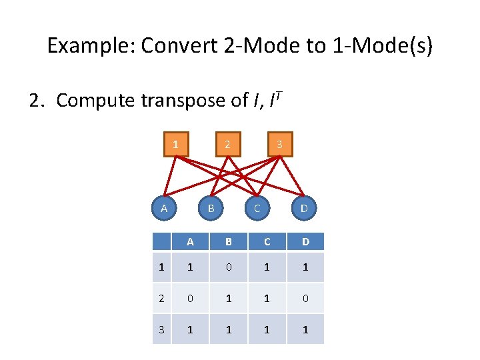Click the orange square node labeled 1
pos(175,144)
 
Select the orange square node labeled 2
pos(227,144)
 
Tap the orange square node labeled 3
pos(279,144)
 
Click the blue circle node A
pos(163,209)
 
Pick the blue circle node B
pos(211,209)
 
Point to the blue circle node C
pos(257,209)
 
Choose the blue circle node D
pos(304,209)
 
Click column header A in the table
pos(190,241)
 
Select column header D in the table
pos(305,241)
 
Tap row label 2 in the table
pos(161,298)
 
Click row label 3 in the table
pos(161,329)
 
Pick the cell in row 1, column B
pos(228,267)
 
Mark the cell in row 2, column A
pos(190,298)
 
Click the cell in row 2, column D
pos(305,298)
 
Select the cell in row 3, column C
pos(267,329)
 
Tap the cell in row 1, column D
pos(305,267)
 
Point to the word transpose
pos(183,101)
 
